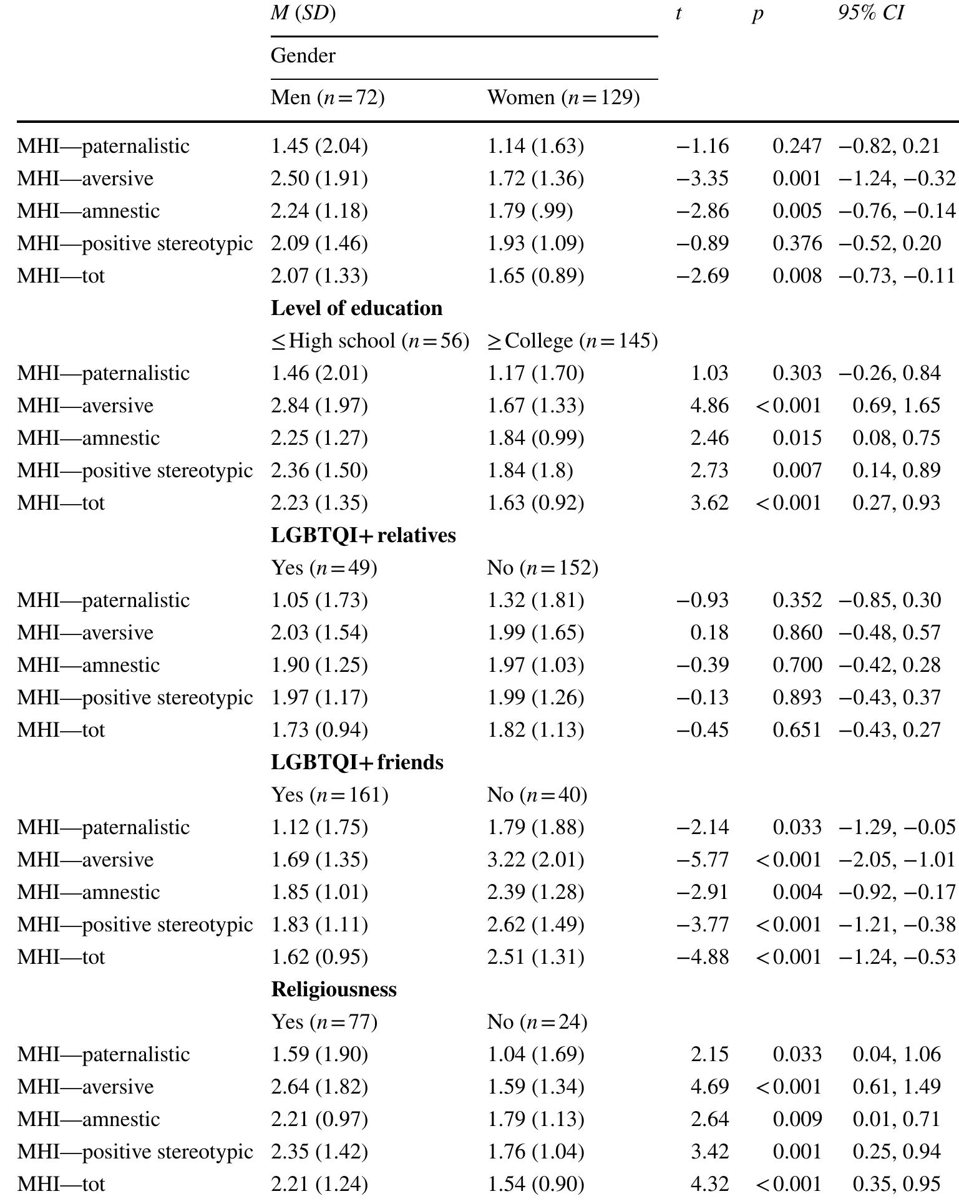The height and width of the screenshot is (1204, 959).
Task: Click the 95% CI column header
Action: [x=870, y=13]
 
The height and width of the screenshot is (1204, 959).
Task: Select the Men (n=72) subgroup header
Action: [x=327, y=97]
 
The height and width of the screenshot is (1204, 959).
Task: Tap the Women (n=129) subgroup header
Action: [x=563, y=97]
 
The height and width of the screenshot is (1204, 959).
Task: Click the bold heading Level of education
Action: [x=356, y=308]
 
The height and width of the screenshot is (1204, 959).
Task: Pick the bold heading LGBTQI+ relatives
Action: [x=363, y=535]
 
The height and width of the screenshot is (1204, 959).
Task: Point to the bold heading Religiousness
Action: [x=334, y=989]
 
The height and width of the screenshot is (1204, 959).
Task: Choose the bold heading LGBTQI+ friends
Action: [x=357, y=762]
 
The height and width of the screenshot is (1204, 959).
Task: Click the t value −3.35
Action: [x=703, y=178]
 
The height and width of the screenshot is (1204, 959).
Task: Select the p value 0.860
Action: [x=797, y=633]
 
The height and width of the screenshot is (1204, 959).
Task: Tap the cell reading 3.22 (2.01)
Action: [x=535, y=860]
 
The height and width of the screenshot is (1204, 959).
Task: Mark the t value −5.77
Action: [x=703, y=860]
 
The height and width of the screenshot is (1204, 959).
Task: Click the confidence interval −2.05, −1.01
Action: [x=897, y=860]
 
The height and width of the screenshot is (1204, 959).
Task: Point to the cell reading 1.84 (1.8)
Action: [x=530, y=470]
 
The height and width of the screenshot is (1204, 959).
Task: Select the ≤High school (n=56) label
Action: [x=370, y=341]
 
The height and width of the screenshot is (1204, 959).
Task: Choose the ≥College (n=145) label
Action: [x=572, y=341]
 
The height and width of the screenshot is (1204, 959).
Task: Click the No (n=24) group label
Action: [x=537, y=1022]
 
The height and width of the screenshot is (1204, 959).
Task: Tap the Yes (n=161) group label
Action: [x=329, y=795]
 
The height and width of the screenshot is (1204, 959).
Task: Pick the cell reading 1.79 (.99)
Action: [x=530, y=211]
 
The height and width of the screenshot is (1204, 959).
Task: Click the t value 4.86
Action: [x=709, y=405]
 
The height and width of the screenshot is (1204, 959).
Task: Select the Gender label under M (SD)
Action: [x=303, y=56]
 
